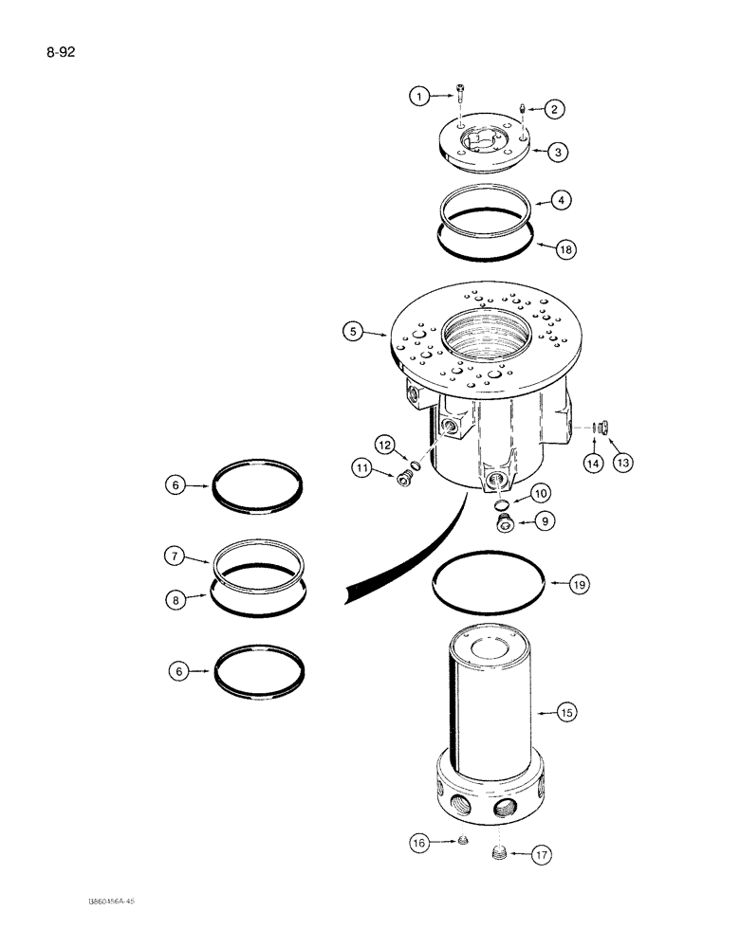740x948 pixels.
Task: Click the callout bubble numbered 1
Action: tap(418, 95)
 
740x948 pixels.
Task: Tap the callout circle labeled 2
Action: tap(556, 109)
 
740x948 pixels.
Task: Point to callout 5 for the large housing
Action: tap(356, 332)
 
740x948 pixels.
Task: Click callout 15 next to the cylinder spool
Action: tap(566, 711)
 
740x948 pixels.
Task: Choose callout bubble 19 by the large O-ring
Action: tap(580, 585)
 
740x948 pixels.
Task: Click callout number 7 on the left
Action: tap(174, 557)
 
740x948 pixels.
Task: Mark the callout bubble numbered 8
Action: tap(174, 599)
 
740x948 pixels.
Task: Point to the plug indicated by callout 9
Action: tap(505, 521)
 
